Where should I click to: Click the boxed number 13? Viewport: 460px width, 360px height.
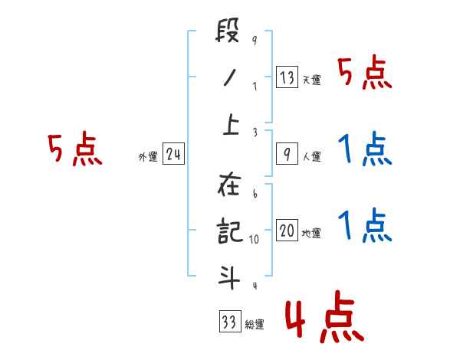[287, 77]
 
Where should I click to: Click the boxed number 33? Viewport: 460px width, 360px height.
[228, 322]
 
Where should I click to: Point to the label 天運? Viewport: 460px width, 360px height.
[311, 80]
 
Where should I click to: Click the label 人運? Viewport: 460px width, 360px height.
[311, 157]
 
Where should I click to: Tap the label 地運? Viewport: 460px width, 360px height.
[311, 234]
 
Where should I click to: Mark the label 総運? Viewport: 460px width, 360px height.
[255, 325]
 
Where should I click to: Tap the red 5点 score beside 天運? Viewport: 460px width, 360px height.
[365, 74]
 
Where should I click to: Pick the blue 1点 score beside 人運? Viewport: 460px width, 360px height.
[365, 150]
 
